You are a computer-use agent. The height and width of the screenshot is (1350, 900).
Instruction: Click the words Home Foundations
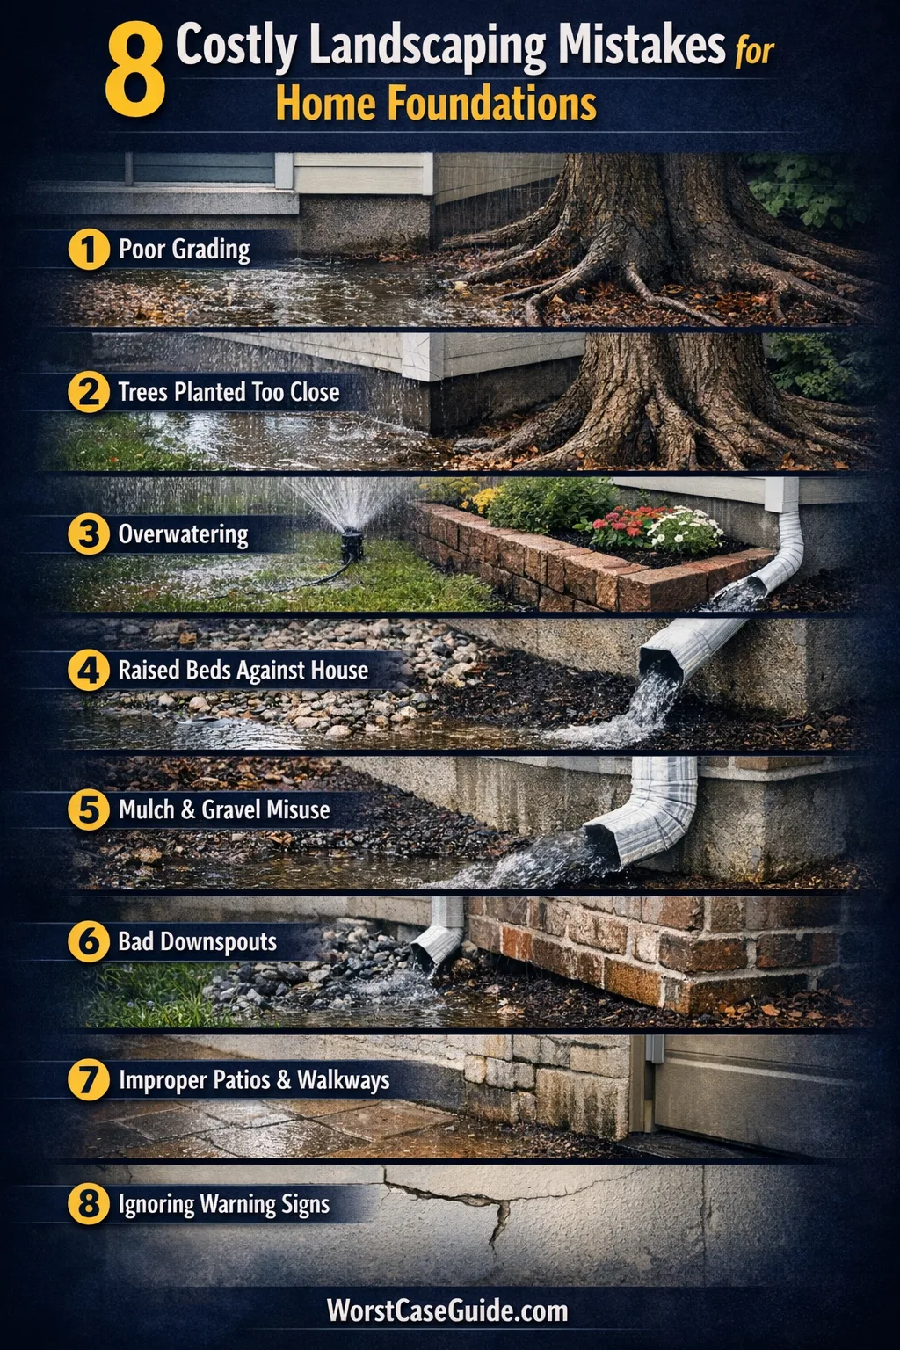tap(436, 103)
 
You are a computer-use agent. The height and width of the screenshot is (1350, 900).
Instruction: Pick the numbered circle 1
tap(89, 250)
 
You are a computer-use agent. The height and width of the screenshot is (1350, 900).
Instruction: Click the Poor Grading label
tap(184, 250)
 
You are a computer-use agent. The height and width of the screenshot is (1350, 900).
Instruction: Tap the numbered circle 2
tap(89, 392)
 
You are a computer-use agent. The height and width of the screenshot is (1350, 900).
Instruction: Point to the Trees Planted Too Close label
tap(229, 392)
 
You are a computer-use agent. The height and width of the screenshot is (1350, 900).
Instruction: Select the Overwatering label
tap(183, 534)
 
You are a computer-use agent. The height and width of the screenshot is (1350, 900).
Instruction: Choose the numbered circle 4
tap(89, 671)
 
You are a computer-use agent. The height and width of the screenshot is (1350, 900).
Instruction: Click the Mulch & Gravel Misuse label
tap(224, 809)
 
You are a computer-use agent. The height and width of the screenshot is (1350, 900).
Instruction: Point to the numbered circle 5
tap(89, 809)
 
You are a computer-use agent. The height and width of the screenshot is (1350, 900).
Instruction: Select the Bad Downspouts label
tap(197, 941)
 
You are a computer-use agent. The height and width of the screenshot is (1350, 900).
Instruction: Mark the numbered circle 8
tap(89, 1204)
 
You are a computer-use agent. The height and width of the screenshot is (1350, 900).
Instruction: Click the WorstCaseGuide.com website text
tap(447, 1310)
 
